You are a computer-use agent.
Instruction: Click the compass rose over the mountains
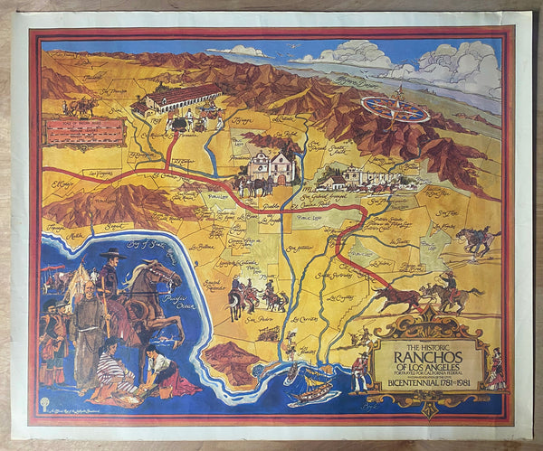pyautogui.click(x=395, y=109)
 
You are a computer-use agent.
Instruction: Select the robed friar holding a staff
pyautogui.click(x=89, y=321)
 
